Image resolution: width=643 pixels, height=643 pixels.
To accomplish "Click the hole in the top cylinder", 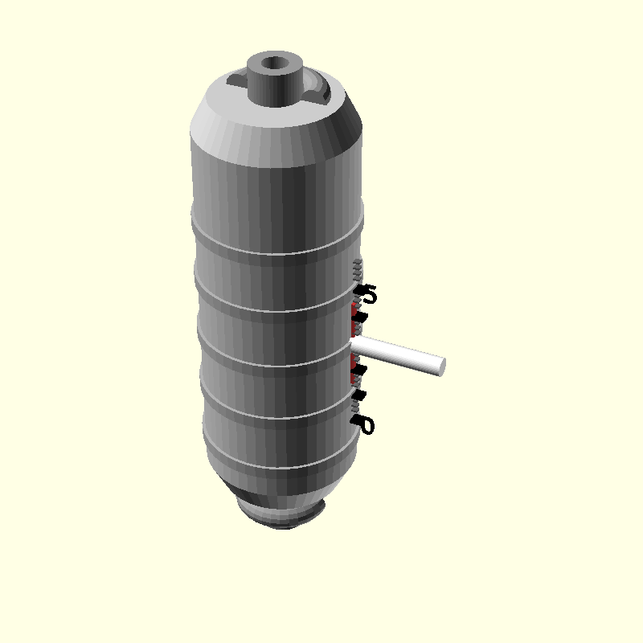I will (276, 61).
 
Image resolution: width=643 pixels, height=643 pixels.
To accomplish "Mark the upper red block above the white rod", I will (354, 309).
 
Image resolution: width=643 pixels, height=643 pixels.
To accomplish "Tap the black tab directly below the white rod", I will (358, 369).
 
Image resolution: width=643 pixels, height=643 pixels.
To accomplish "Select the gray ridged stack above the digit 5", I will (358, 268).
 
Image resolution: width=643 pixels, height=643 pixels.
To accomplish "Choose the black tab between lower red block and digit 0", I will (358, 395).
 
